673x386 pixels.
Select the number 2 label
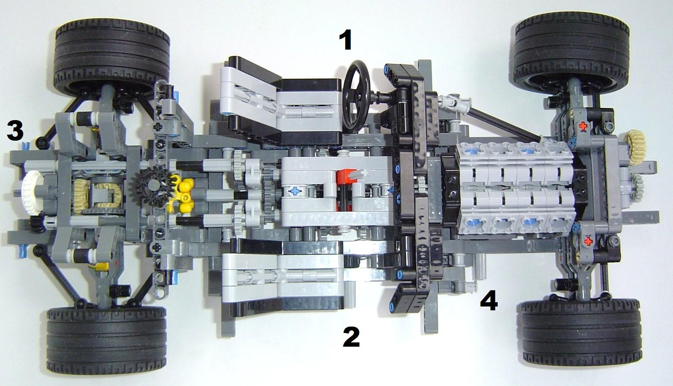(x=351, y=337)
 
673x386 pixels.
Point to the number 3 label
(x=15, y=130)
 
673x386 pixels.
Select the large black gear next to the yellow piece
(x=154, y=186)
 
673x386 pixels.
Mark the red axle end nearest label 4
(x=588, y=241)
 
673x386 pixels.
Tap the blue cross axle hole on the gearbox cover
(x=295, y=190)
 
